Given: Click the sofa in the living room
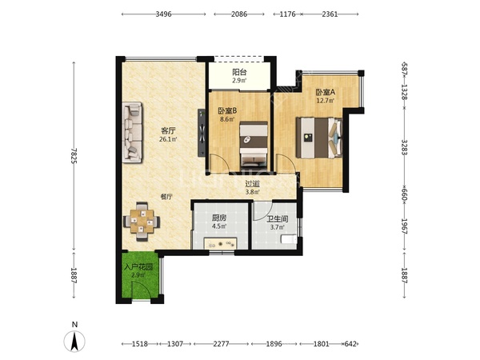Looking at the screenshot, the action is click(x=132, y=132).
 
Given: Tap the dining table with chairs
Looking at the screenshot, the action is click(x=142, y=221).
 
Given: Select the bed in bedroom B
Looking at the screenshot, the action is click(x=254, y=144).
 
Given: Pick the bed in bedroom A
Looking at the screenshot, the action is click(x=319, y=138).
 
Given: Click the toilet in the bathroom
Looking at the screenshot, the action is click(x=289, y=239).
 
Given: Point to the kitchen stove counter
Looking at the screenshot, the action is click(x=221, y=244).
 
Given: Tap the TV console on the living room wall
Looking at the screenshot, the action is click(x=202, y=133).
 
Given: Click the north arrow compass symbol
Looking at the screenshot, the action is click(x=74, y=341).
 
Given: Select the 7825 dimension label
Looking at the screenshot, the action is click(x=74, y=156).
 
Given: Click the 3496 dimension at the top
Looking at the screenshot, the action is click(x=163, y=14).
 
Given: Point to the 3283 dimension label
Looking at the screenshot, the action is click(x=404, y=147).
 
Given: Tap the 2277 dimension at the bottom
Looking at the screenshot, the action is click(x=221, y=344).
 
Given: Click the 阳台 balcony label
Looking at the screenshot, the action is click(x=239, y=72).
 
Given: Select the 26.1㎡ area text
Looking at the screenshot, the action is click(x=168, y=139).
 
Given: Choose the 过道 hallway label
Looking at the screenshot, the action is click(x=253, y=184).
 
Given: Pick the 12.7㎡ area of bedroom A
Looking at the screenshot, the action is click(x=326, y=101).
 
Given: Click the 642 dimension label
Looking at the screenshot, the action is click(x=350, y=344).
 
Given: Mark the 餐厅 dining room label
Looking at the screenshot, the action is click(x=166, y=197).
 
